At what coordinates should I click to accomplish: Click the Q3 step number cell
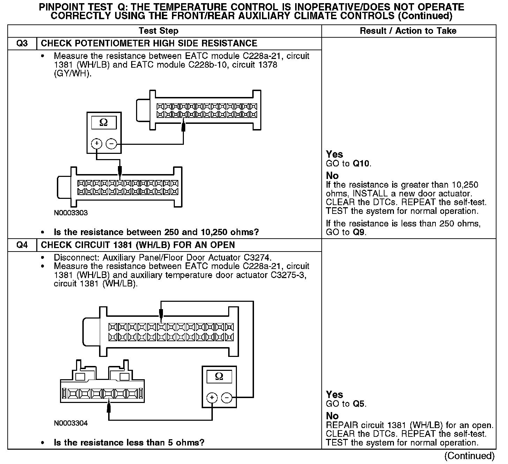(x=22, y=44)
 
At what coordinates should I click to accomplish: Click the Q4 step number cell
(x=22, y=245)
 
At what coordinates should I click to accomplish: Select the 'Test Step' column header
(x=158, y=31)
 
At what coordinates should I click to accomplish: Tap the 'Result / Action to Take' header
(x=408, y=31)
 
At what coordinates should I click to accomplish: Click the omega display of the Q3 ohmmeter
(x=104, y=122)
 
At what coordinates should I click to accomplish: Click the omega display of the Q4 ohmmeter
(x=219, y=376)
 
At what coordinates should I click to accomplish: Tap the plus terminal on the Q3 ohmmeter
(x=96, y=143)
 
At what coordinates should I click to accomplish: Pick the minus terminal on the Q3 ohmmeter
(x=111, y=143)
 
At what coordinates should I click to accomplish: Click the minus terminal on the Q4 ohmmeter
(x=227, y=397)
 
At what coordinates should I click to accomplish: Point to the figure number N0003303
(x=71, y=213)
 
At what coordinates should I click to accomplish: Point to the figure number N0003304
(x=71, y=423)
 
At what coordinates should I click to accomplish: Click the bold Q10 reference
(x=361, y=164)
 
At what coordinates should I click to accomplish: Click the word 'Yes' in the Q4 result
(x=334, y=395)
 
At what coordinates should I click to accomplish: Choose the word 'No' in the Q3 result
(x=332, y=175)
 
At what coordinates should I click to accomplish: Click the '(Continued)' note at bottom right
(x=469, y=456)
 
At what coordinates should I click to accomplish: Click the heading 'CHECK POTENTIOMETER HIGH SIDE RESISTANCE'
(x=149, y=44)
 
